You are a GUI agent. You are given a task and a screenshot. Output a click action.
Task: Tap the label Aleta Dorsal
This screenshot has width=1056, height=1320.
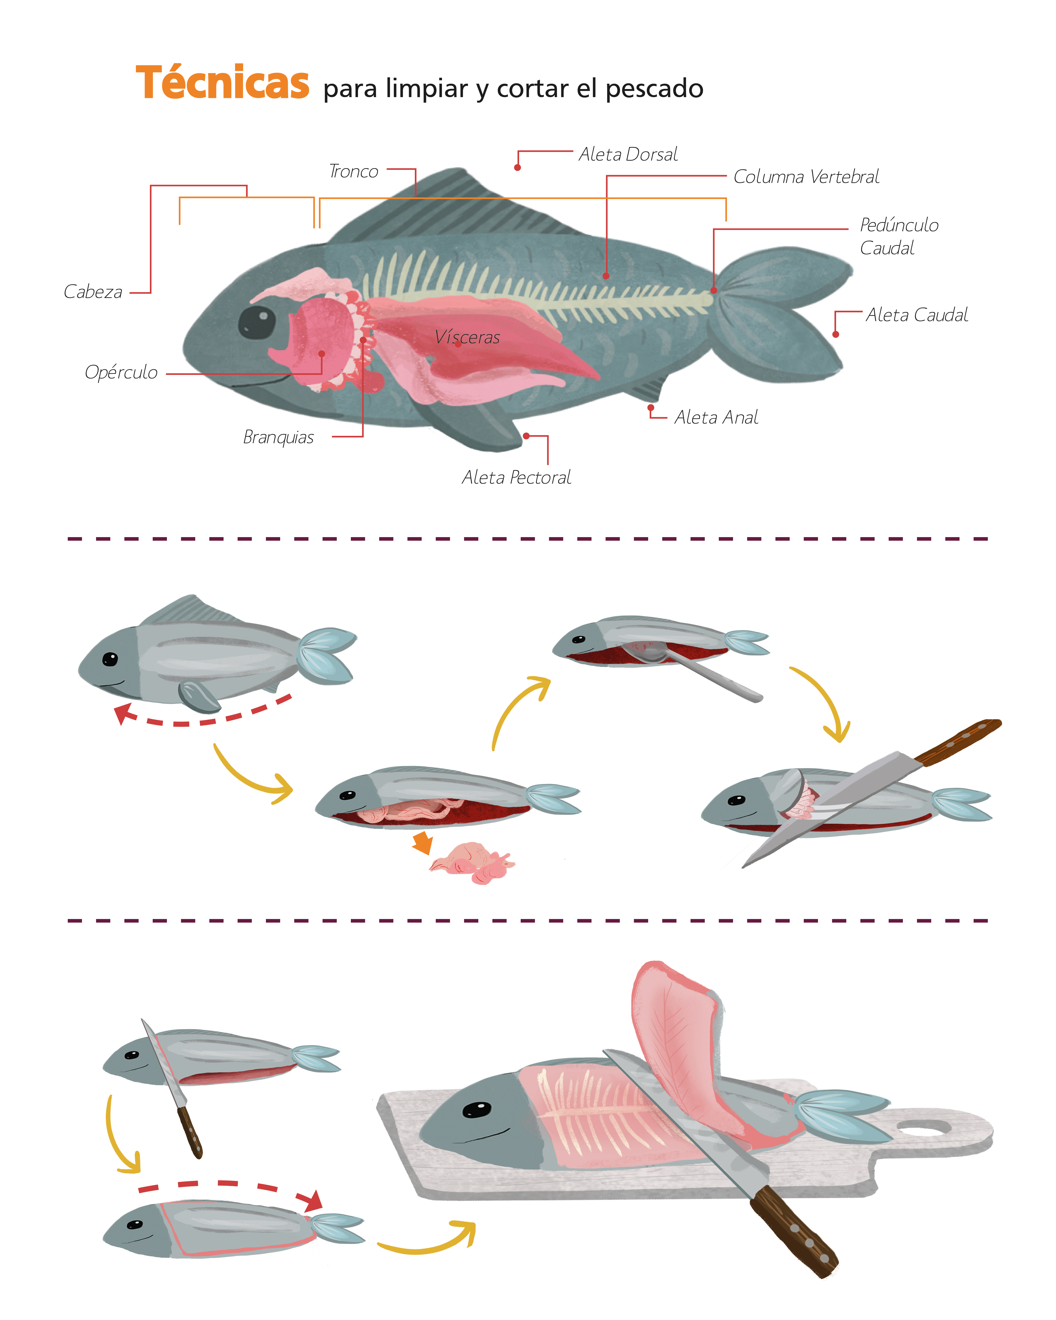point(628,154)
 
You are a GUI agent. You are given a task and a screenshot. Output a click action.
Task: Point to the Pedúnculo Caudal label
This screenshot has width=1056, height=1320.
point(899,236)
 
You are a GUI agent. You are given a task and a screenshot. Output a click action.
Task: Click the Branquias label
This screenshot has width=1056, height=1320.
point(278,437)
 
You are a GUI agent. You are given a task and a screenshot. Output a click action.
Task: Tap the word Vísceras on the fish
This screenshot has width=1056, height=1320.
point(467,337)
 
